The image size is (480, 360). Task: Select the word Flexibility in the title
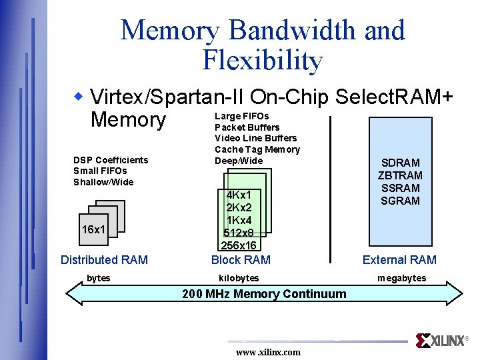click(x=262, y=61)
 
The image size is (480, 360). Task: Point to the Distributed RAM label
click(x=104, y=260)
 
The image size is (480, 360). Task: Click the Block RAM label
click(x=241, y=260)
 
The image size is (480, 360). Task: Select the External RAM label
click(x=399, y=260)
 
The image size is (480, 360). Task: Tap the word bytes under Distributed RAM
click(x=99, y=278)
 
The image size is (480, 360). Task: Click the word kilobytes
click(x=239, y=278)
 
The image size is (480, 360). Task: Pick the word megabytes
click(x=401, y=278)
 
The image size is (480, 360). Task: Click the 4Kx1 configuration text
click(x=239, y=195)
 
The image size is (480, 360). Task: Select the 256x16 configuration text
click(x=239, y=246)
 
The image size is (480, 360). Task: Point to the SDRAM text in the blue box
click(x=400, y=163)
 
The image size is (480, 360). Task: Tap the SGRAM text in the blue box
click(x=400, y=201)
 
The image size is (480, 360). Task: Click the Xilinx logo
click(x=442, y=341)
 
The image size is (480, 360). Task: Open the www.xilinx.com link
click(x=268, y=352)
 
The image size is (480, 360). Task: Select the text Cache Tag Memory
click(x=257, y=149)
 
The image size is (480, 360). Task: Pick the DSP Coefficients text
click(x=111, y=160)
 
